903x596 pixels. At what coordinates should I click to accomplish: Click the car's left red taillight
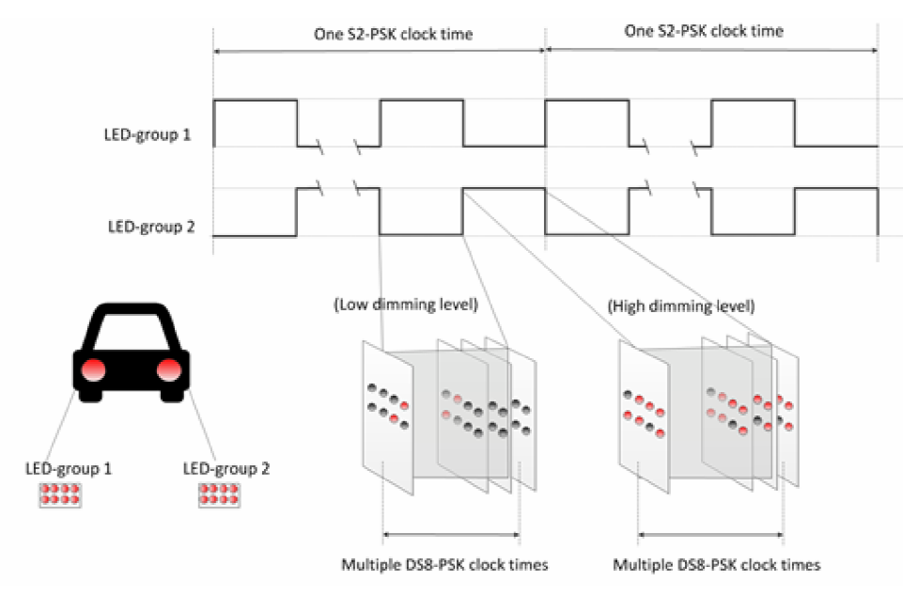pos(92,369)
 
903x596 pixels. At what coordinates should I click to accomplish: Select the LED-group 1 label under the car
pos(69,467)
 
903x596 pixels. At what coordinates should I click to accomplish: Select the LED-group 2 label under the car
pos(225,467)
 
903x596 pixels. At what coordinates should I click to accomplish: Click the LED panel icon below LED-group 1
pos(60,495)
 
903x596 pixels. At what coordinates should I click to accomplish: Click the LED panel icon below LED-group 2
pos(219,495)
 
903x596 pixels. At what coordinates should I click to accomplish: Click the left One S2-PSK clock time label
pos(393,34)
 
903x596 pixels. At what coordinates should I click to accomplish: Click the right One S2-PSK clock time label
pos(703,31)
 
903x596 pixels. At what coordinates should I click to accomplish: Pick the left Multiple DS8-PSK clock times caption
pos(444,565)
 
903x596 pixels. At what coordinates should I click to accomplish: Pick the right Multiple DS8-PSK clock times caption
pos(717,565)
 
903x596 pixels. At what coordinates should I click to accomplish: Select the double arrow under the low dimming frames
pos(451,536)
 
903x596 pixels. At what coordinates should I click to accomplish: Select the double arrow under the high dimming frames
pos(709,536)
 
